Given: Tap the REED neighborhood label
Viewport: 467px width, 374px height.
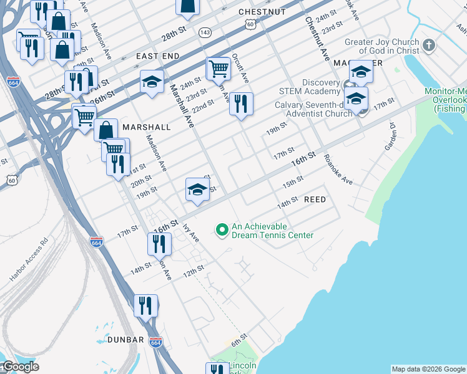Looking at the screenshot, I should [315, 199].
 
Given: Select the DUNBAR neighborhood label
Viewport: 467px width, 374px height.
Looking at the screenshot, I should [125, 340].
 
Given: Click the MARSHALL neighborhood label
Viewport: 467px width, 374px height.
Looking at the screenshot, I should [147, 127].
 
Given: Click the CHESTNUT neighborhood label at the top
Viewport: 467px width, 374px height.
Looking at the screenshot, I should [262, 12].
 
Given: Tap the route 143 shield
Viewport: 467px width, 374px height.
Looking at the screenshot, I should [204, 32].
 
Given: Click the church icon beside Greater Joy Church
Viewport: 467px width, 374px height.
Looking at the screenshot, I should [428, 46].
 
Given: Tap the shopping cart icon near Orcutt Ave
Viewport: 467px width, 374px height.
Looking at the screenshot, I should [219, 67].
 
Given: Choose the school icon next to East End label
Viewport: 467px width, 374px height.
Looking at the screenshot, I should [152, 82].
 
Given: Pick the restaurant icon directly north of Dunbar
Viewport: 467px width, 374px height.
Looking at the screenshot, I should [145, 305].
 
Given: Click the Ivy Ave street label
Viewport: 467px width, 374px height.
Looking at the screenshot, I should [190, 234].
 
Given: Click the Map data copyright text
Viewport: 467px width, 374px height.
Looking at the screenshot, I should [428, 369].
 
